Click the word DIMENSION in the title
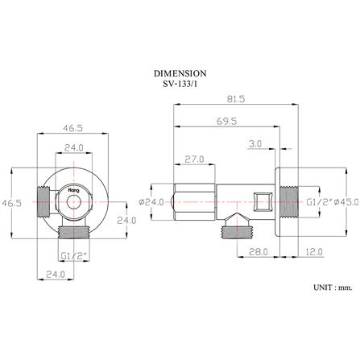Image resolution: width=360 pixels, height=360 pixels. pos(180,73)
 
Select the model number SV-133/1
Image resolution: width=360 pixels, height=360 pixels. pos(180,84)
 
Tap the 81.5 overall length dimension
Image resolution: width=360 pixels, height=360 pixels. pos(236,99)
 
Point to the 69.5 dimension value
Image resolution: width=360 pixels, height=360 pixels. pos(227,122)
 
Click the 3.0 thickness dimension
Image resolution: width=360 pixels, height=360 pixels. pos(255,144)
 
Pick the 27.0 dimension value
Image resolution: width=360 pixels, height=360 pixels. pos(194,159)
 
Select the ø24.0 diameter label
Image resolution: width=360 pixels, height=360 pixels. pos(151,202)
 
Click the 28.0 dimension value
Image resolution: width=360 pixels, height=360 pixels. pos(259,252)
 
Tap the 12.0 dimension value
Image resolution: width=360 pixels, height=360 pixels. pos(314,252)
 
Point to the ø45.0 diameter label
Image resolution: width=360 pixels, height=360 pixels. pos(346,202)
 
